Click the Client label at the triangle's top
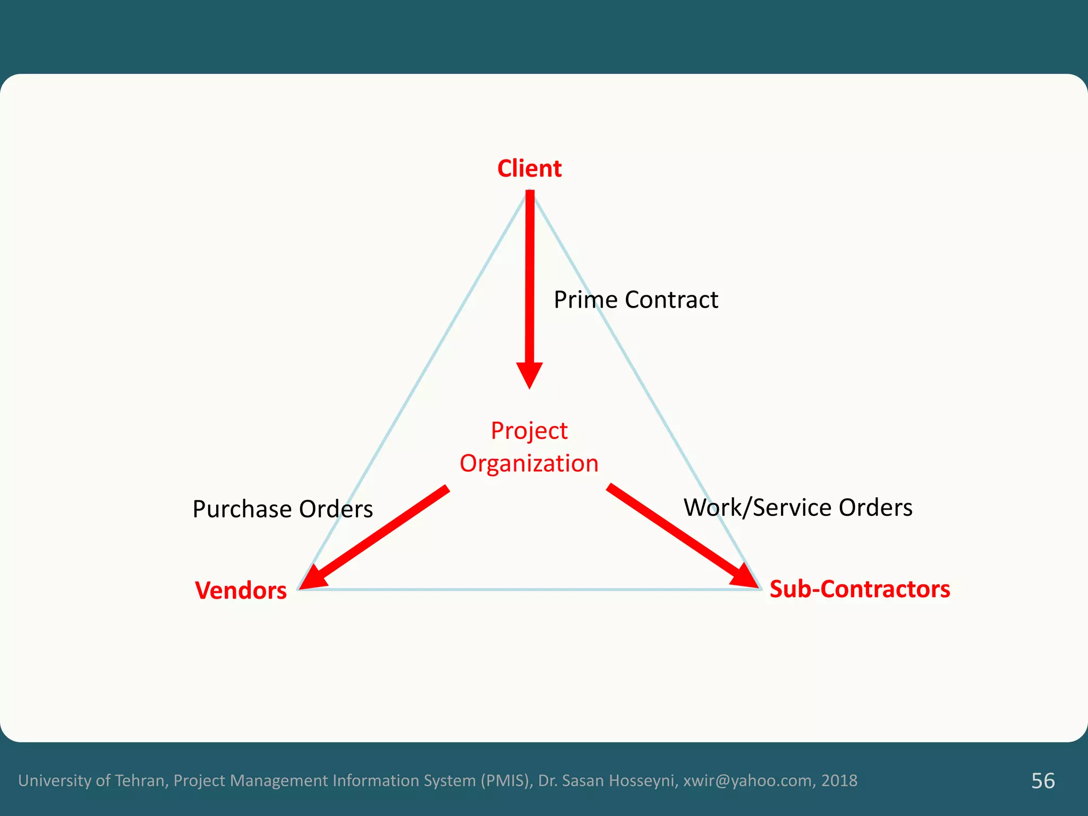pyautogui.click(x=529, y=169)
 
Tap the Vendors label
pyautogui.click(x=241, y=591)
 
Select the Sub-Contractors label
pyautogui.click(x=860, y=589)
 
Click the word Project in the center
pyautogui.click(x=529, y=431)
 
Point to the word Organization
pyautogui.click(x=529, y=464)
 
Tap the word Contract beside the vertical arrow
pyautogui.click(x=671, y=300)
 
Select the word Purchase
pyautogui.click(x=242, y=509)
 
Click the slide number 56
pyautogui.click(x=1043, y=781)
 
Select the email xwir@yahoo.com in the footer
pyautogui.click(x=747, y=781)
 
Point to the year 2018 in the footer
pyautogui.click(x=839, y=781)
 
